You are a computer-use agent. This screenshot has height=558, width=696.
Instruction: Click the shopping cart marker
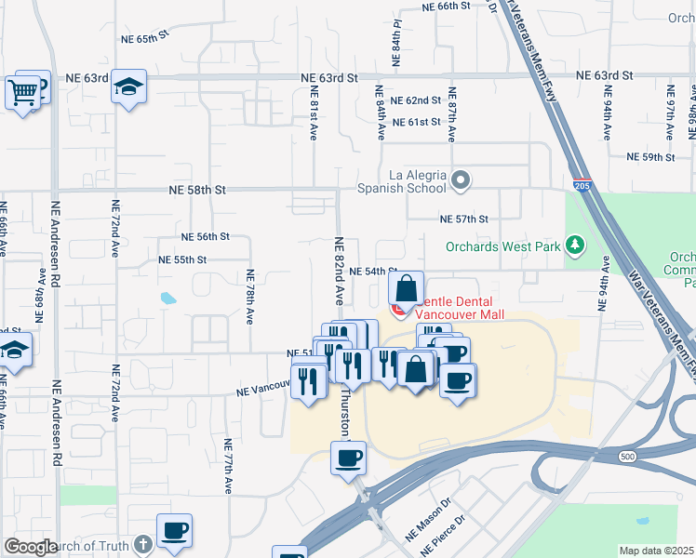(22, 91)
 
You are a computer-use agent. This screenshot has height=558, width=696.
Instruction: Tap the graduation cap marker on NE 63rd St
(128, 87)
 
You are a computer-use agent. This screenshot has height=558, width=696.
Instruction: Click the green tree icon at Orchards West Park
(577, 246)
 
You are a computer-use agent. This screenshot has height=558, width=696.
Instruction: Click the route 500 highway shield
(627, 456)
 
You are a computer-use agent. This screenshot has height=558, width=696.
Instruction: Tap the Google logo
(30, 547)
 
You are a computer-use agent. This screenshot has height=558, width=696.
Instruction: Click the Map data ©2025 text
(657, 551)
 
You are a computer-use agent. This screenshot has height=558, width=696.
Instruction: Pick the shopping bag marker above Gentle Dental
(407, 287)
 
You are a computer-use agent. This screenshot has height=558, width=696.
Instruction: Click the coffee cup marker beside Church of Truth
(174, 531)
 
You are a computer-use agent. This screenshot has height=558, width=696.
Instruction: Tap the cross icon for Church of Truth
(142, 544)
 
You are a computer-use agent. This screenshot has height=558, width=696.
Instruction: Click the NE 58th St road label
(197, 189)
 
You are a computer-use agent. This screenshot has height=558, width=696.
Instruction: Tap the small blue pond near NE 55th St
(167, 299)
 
